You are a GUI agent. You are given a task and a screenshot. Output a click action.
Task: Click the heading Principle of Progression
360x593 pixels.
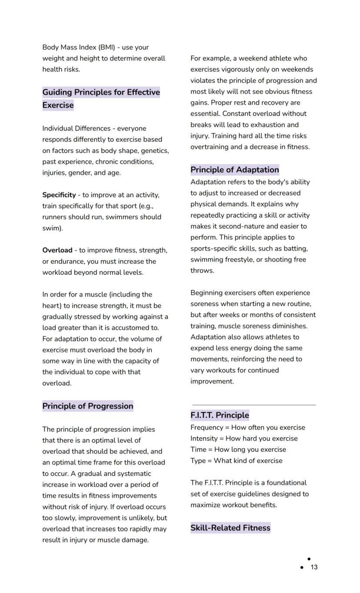[87, 406]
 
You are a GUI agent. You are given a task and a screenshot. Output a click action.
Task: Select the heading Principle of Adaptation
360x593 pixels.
[234, 170]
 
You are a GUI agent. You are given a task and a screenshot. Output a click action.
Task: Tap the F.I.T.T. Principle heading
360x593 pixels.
[220, 415]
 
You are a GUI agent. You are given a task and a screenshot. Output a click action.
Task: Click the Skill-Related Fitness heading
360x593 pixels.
[230, 528]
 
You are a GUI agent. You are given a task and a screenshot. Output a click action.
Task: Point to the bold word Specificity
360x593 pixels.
[59, 195]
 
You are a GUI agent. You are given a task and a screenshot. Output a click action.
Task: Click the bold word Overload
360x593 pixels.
[57, 250]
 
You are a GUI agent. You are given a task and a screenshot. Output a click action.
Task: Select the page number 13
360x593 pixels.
[314, 567]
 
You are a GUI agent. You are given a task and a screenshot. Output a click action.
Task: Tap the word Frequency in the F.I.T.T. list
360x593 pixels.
[207, 428]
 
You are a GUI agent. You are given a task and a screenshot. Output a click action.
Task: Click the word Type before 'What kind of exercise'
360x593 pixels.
[198, 461]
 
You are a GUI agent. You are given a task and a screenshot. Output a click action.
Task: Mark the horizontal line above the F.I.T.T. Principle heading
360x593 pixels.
[254, 405]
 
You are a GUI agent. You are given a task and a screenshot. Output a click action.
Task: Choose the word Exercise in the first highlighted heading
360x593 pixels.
[58, 105]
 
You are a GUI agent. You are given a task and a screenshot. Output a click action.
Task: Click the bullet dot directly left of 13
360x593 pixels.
[302, 567]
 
